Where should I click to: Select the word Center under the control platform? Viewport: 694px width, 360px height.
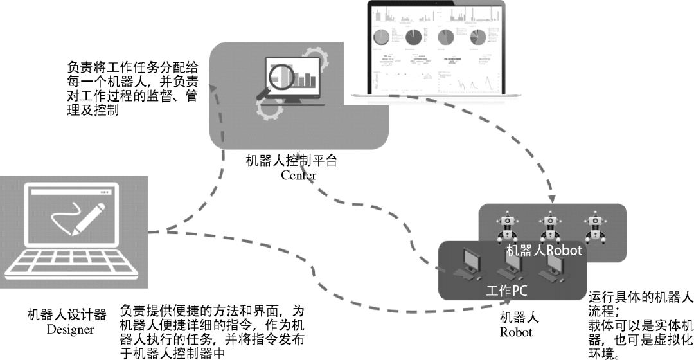click(298, 175)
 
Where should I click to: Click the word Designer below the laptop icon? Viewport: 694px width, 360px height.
click(70, 330)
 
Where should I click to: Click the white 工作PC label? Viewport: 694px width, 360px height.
click(506, 290)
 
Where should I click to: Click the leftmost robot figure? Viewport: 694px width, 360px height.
click(508, 226)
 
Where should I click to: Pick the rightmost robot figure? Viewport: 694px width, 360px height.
click(594, 226)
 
